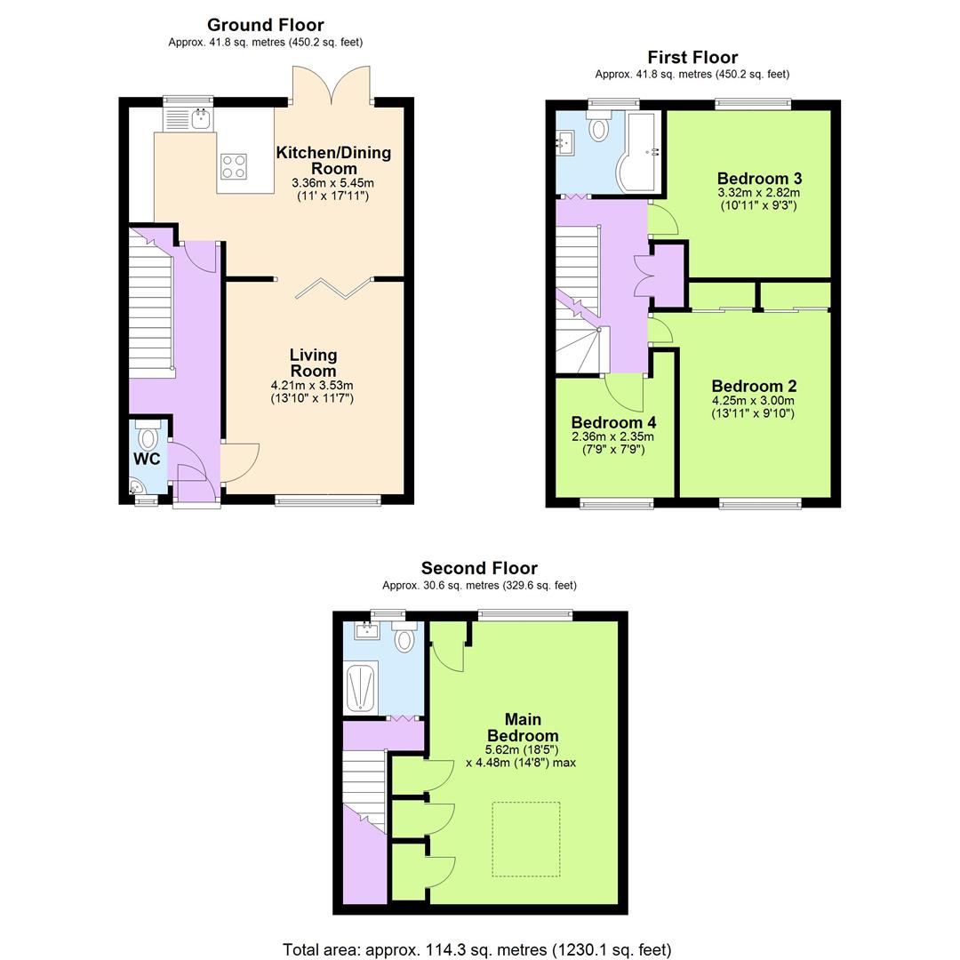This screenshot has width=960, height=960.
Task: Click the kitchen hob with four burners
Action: pos(234,166)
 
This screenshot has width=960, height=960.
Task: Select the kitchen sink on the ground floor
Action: pos(188,118)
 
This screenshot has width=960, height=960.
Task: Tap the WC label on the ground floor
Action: pos(147,459)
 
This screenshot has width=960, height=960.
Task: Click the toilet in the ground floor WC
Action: pos(148,436)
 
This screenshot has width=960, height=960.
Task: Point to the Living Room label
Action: pos(313,363)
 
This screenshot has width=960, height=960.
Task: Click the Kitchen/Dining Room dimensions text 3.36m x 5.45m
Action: pos(333,183)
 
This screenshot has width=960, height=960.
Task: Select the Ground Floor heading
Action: pos(265,25)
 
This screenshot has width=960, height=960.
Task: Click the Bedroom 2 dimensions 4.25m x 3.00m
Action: pos(753,400)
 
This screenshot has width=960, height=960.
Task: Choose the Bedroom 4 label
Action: pos(613,422)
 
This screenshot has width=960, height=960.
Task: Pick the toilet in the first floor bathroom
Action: pos(600,129)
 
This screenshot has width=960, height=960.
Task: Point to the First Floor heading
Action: pos(692,58)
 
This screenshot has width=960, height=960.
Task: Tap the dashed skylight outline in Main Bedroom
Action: pos(526,839)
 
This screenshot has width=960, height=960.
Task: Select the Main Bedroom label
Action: pos(523,727)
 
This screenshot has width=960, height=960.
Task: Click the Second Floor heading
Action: pos(479,568)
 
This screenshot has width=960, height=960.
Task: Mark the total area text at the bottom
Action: pos(477,949)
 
